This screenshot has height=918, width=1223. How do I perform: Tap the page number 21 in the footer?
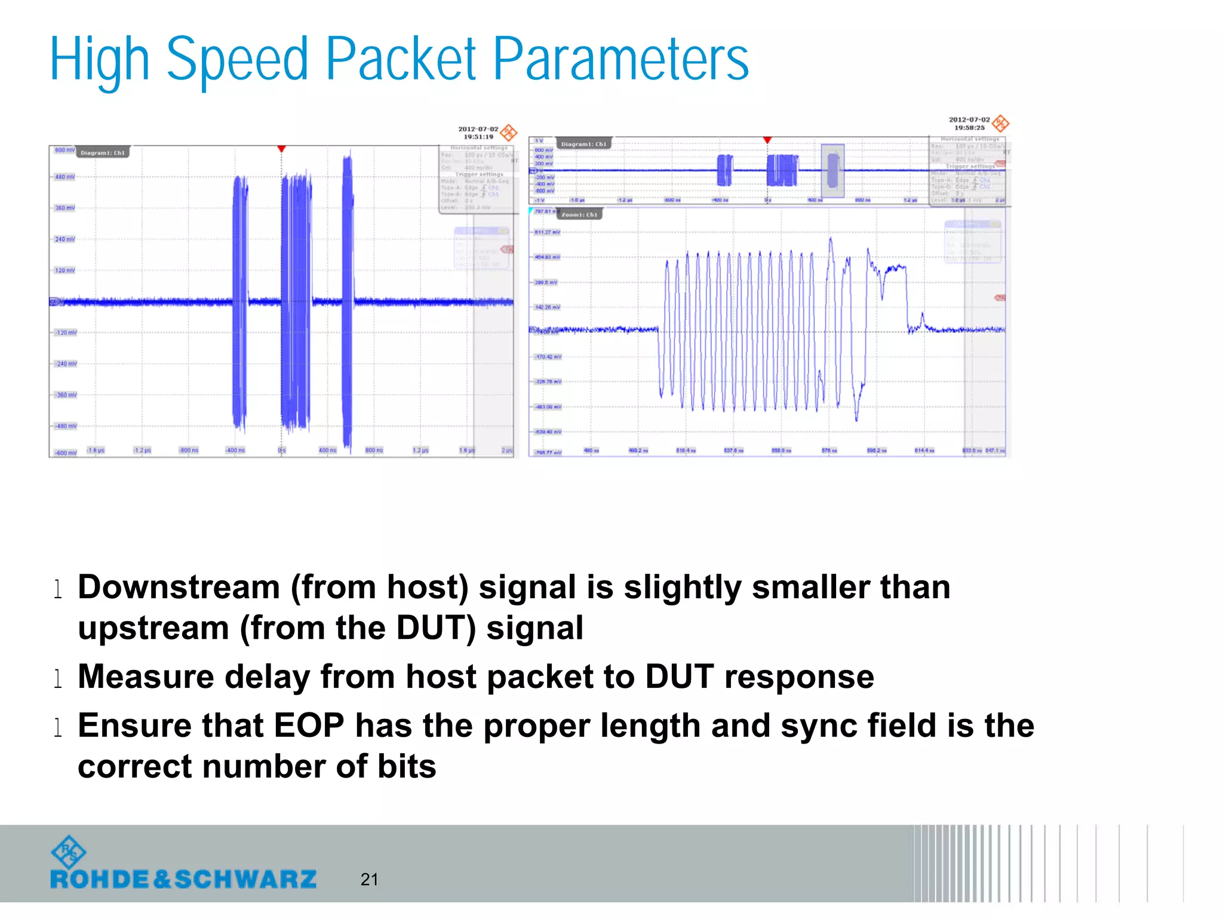click(x=369, y=879)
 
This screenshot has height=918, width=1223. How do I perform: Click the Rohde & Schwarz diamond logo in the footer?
click(x=69, y=852)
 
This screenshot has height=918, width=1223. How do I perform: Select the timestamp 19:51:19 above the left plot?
click(x=478, y=137)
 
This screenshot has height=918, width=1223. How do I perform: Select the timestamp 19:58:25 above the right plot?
click(x=969, y=127)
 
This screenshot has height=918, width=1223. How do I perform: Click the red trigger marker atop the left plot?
click(x=281, y=149)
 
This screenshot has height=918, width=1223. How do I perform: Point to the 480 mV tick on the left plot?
click(x=64, y=177)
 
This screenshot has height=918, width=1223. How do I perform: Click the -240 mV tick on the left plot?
click(x=65, y=363)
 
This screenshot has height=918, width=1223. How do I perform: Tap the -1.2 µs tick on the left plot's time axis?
click(x=142, y=450)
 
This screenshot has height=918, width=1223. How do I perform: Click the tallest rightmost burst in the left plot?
click(x=348, y=299)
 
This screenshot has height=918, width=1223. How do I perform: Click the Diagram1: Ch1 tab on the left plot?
click(x=103, y=153)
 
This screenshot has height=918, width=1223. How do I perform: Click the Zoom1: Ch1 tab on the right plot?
click(x=579, y=215)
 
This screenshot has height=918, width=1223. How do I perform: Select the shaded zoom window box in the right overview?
click(x=832, y=170)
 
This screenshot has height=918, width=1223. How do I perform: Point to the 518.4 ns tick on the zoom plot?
click(x=686, y=451)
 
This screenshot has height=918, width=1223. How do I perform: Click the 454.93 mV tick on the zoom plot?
click(x=547, y=257)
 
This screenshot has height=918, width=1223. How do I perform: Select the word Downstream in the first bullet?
click(x=179, y=587)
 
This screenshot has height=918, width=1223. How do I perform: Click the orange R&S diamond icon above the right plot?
click(x=1000, y=124)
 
